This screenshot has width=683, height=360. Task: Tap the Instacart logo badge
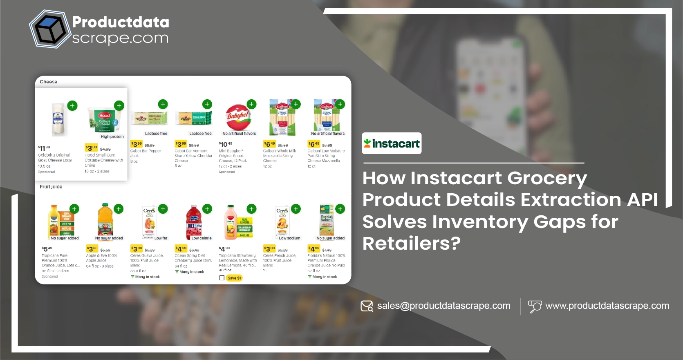coord(392,143)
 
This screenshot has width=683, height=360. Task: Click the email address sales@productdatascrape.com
coord(443,306)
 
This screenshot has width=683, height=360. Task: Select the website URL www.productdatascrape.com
coord(607,306)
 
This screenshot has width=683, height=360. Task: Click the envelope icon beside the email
coord(367,306)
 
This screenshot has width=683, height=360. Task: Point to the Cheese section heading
coord(49,82)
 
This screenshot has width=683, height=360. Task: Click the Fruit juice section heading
coord(51,187)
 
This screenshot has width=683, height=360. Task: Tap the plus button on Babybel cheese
coord(252,104)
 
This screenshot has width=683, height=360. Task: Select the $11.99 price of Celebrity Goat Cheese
coord(44,148)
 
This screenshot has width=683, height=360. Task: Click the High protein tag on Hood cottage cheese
coord(112,137)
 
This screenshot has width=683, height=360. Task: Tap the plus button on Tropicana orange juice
coord(74,209)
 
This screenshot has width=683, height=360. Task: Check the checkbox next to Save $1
coord(222,278)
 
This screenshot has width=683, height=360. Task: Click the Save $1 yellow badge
coord(234,278)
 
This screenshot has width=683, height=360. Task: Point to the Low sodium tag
coord(289,238)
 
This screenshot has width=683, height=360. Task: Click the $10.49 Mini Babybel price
coord(226,144)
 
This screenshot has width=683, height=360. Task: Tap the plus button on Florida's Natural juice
coord(340,209)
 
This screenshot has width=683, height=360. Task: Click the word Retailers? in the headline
coord(411,244)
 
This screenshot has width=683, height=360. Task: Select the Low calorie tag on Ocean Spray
coord(202,238)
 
